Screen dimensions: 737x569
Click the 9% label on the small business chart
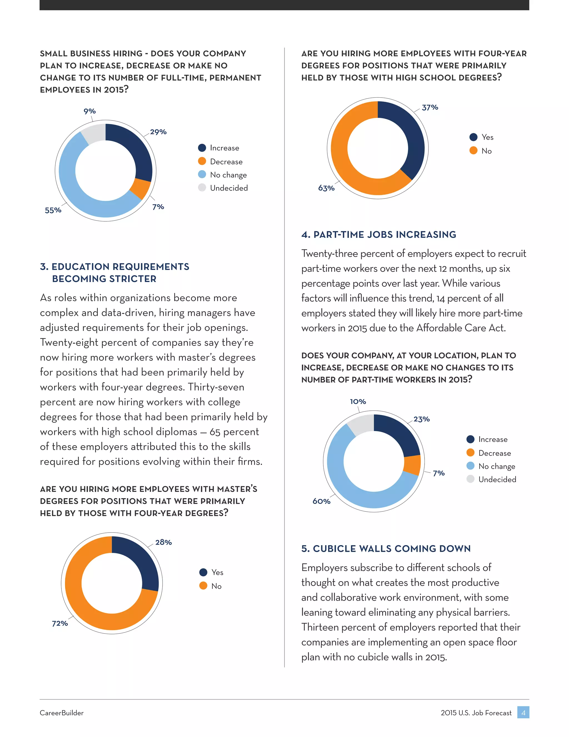click(x=90, y=111)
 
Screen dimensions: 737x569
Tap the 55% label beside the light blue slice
click(x=53, y=210)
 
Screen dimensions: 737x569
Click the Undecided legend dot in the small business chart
click(x=202, y=188)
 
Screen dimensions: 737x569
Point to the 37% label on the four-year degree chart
click(x=430, y=108)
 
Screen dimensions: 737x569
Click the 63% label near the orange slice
click(x=326, y=188)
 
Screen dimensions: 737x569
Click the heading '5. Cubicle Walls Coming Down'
click(x=386, y=549)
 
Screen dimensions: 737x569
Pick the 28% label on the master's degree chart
click(x=163, y=542)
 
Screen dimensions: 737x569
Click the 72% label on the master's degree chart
click(x=60, y=623)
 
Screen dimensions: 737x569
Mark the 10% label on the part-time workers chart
click(x=358, y=402)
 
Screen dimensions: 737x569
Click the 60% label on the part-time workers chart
click(x=321, y=501)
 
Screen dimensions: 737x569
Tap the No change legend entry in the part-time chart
click(x=496, y=466)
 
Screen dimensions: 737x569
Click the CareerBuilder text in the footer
click(x=62, y=713)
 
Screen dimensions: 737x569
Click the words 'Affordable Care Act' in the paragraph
click(x=461, y=328)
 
